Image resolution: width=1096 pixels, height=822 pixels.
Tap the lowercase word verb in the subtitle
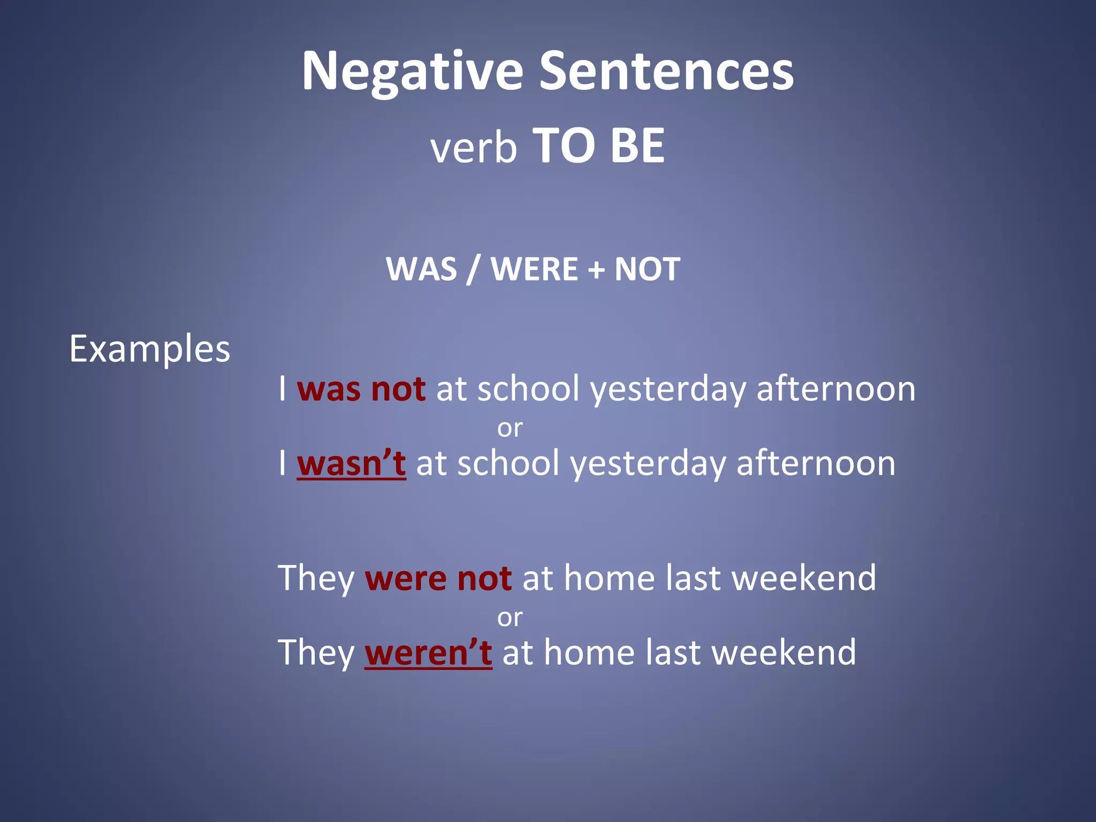(474, 148)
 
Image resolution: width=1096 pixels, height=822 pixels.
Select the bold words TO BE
(599, 146)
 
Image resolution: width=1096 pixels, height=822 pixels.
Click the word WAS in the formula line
(421, 269)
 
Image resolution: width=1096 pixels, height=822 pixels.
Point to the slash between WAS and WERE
(471, 269)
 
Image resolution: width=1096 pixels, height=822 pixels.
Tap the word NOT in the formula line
(647, 269)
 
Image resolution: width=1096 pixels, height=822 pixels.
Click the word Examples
(149, 349)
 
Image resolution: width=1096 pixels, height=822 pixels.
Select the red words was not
(361, 389)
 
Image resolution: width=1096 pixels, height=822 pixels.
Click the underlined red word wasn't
(351, 463)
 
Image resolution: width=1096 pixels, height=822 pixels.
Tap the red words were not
(438, 579)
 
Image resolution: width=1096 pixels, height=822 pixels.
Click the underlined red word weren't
(428, 653)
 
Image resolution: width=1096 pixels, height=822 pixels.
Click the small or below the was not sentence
(509, 428)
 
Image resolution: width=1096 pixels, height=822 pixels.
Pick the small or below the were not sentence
(509, 618)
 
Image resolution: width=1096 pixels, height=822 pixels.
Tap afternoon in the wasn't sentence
(816, 463)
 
